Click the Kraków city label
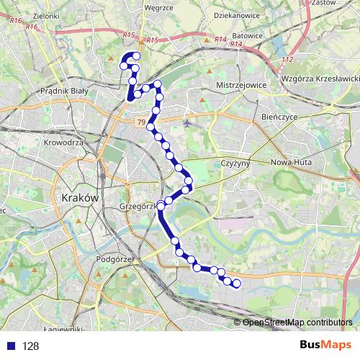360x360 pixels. (x=80, y=197)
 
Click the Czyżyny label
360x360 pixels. (x=235, y=164)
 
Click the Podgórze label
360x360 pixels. (x=113, y=259)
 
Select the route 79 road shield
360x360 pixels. (x=139, y=123)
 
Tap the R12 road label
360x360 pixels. (x=287, y=58)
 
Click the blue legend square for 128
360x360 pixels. (x=10, y=346)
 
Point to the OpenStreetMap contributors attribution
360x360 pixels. (x=296, y=322)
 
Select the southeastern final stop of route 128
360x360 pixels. (x=236, y=284)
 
